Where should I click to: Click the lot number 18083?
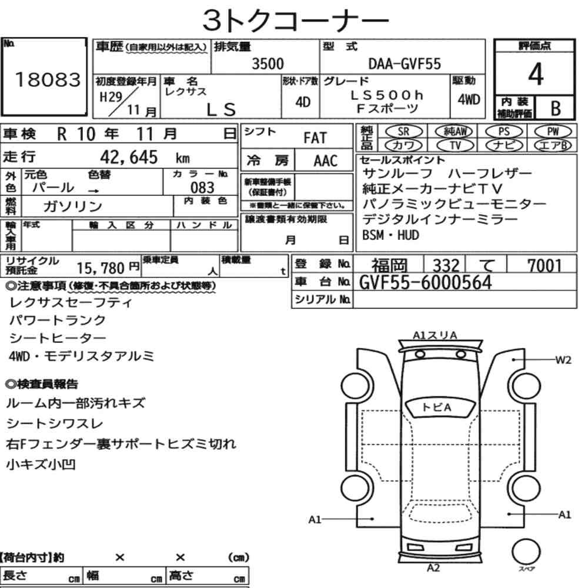(48, 79)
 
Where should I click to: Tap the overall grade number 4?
(536, 74)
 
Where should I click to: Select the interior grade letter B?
(556, 108)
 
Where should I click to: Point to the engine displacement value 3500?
(268, 64)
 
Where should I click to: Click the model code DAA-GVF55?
(405, 64)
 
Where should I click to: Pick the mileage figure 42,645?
(129, 157)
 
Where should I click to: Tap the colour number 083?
(202, 188)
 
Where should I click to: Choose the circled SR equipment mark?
(403, 132)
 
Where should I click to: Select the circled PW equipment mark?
(553, 132)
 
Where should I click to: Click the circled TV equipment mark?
(455, 145)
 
